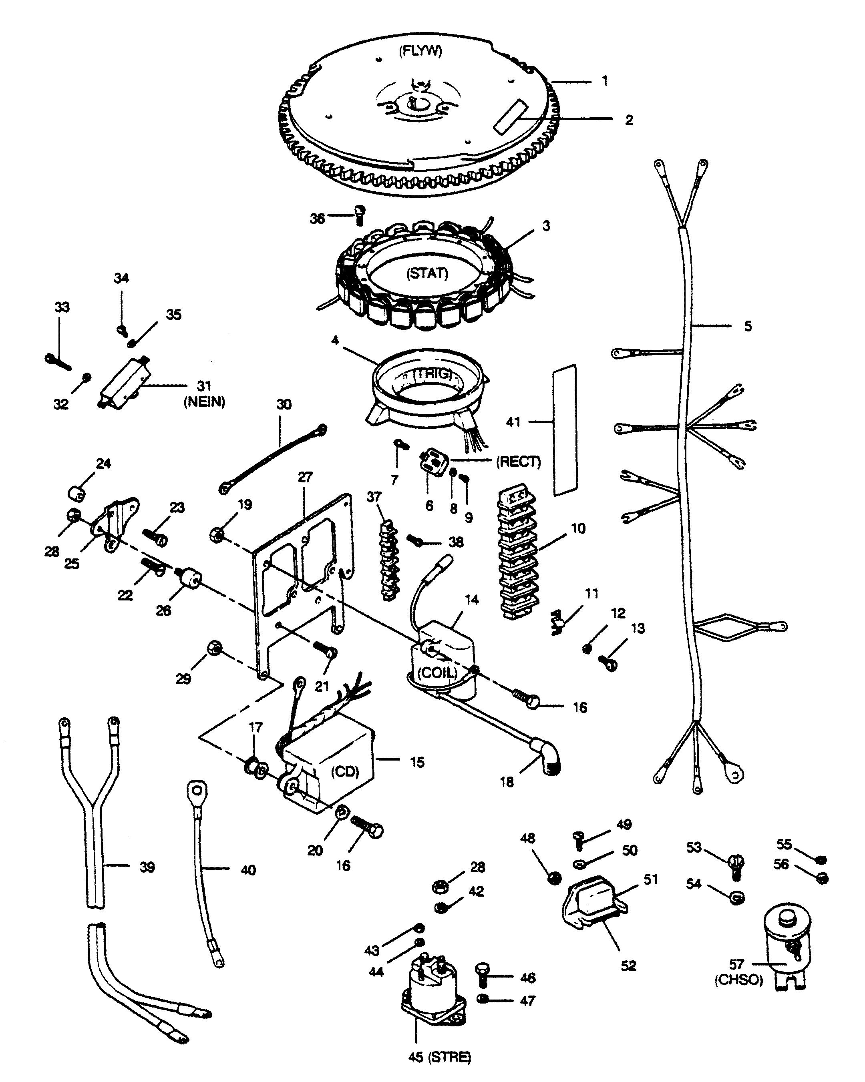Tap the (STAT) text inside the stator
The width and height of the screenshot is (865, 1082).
pyautogui.click(x=427, y=273)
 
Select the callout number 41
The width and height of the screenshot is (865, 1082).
pyautogui.click(x=513, y=422)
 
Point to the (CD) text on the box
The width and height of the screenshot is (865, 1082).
pyautogui.click(x=345, y=771)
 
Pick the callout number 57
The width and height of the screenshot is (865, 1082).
pyautogui.click(x=736, y=964)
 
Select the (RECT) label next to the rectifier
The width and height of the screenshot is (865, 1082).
pyautogui.click(x=519, y=462)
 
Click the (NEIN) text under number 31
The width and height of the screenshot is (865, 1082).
pyautogui.click(x=204, y=401)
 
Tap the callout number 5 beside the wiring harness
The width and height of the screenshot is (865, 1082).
pyautogui.click(x=748, y=326)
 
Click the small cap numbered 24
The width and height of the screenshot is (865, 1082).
pyautogui.click(x=76, y=493)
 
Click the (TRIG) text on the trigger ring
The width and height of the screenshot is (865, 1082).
pyautogui.click(x=433, y=374)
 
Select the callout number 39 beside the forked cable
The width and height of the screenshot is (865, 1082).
pyautogui.click(x=147, y=867)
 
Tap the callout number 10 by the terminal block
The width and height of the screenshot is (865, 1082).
pyautogui.click(x=578, y=528)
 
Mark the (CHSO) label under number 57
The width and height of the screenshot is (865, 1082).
pyautogui.click(x=738, y=980)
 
